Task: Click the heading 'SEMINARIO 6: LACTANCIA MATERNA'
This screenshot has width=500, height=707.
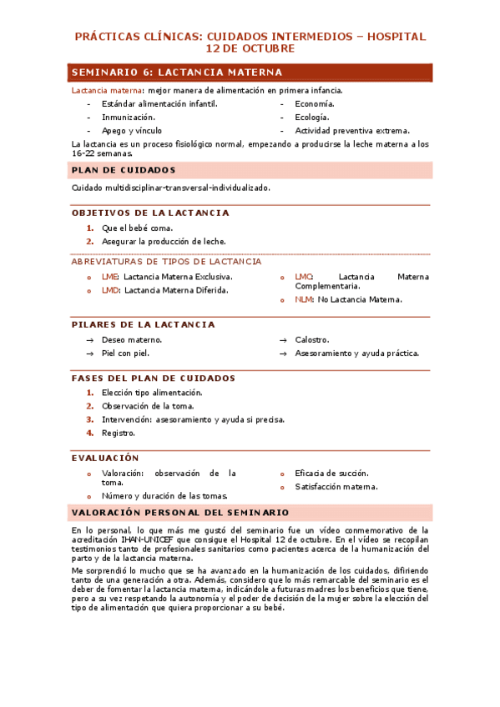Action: coord(177,73)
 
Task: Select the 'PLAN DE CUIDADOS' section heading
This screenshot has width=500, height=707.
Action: coord(124,170)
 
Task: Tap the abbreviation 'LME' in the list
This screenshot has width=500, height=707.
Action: coord(109,277)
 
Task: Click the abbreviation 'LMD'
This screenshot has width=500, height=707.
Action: coord(110,290)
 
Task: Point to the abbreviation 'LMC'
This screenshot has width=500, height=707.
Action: coord(304,277)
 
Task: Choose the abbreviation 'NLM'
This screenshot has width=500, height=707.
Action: coord(304,299)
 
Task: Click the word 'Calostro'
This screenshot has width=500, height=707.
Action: coord(311,340)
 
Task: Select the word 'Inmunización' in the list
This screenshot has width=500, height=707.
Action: coord(128,118)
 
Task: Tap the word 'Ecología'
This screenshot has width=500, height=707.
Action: coord(313,118)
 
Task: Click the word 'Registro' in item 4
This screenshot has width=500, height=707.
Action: coord(118,433)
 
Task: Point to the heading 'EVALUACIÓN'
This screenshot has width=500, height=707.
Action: coord(105,459)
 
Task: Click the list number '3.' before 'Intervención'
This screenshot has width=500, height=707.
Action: coord(90,419)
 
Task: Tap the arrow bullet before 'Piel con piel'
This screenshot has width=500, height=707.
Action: coord(90,353)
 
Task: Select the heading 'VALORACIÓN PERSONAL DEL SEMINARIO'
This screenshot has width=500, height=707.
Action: coord(180,513)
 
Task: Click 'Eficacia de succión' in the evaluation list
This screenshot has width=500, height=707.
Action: coord(331,474)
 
